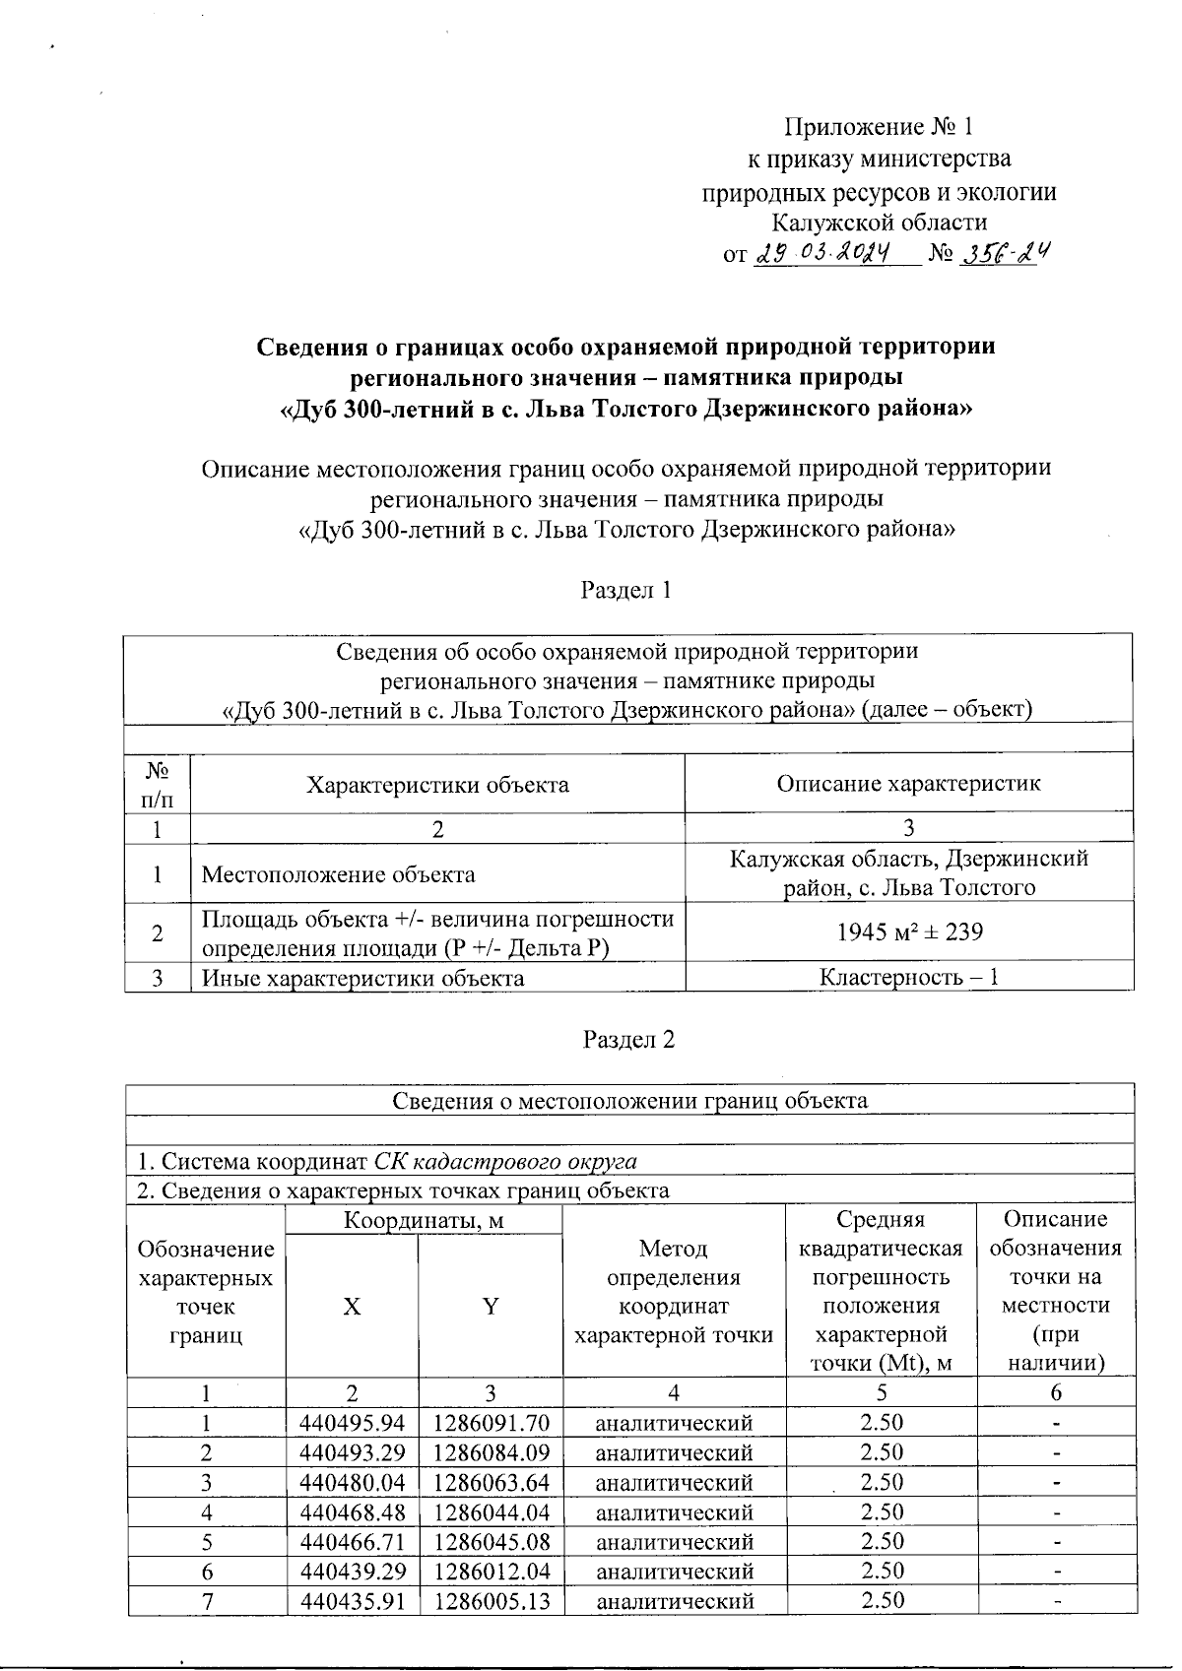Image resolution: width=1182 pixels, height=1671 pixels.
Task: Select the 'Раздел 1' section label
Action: tap(628, 590)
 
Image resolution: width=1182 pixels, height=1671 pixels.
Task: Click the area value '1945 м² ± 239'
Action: tap(909, 931)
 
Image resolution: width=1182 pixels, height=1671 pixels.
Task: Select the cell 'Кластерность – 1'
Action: tap(909, 978)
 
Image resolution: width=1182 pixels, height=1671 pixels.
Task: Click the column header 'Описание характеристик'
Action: tap(908, 784)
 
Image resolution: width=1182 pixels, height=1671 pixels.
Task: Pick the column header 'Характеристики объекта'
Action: tap(437, 785)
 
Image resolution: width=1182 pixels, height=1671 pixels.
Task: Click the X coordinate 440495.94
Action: tap(352, 1423)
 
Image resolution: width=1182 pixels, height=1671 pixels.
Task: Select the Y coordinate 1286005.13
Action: tap(491, 1600)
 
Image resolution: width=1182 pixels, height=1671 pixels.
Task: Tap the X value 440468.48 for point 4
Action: tap(352, 1511)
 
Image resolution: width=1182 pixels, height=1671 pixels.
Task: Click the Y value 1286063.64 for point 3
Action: tap(491, 1482)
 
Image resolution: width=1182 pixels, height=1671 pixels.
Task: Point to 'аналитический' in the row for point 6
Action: tap(675, 1571)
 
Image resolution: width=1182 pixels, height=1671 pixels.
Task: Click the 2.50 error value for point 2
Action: tap(882, 1451)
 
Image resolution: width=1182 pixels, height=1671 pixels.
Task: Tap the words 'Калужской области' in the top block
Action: tap(879, 222)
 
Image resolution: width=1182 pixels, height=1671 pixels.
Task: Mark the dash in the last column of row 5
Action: tap(1055, 1542)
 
